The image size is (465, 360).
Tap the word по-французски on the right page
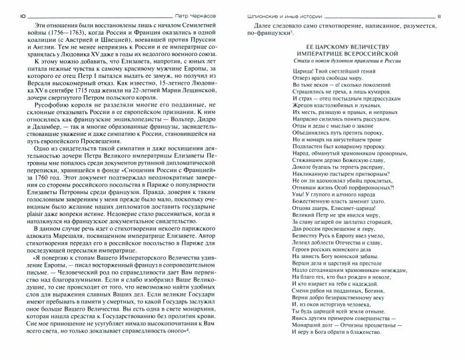tap(262, 32)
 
